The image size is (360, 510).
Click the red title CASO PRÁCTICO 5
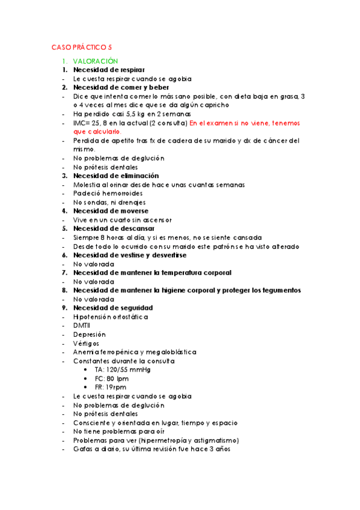coord(81,47)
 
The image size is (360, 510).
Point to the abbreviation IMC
coord(79,123)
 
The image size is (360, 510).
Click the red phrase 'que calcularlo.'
coord(97,131)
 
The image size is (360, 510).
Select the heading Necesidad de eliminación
coord(116,176)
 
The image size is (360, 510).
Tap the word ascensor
coord(156,220)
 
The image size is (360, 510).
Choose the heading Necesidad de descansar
coord(114,229)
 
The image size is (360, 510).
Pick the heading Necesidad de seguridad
coord(112,308)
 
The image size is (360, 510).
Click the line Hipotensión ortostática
coord(110,317)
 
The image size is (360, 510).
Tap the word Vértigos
coord(86,343)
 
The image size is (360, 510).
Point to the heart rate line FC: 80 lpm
coord(111,379)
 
